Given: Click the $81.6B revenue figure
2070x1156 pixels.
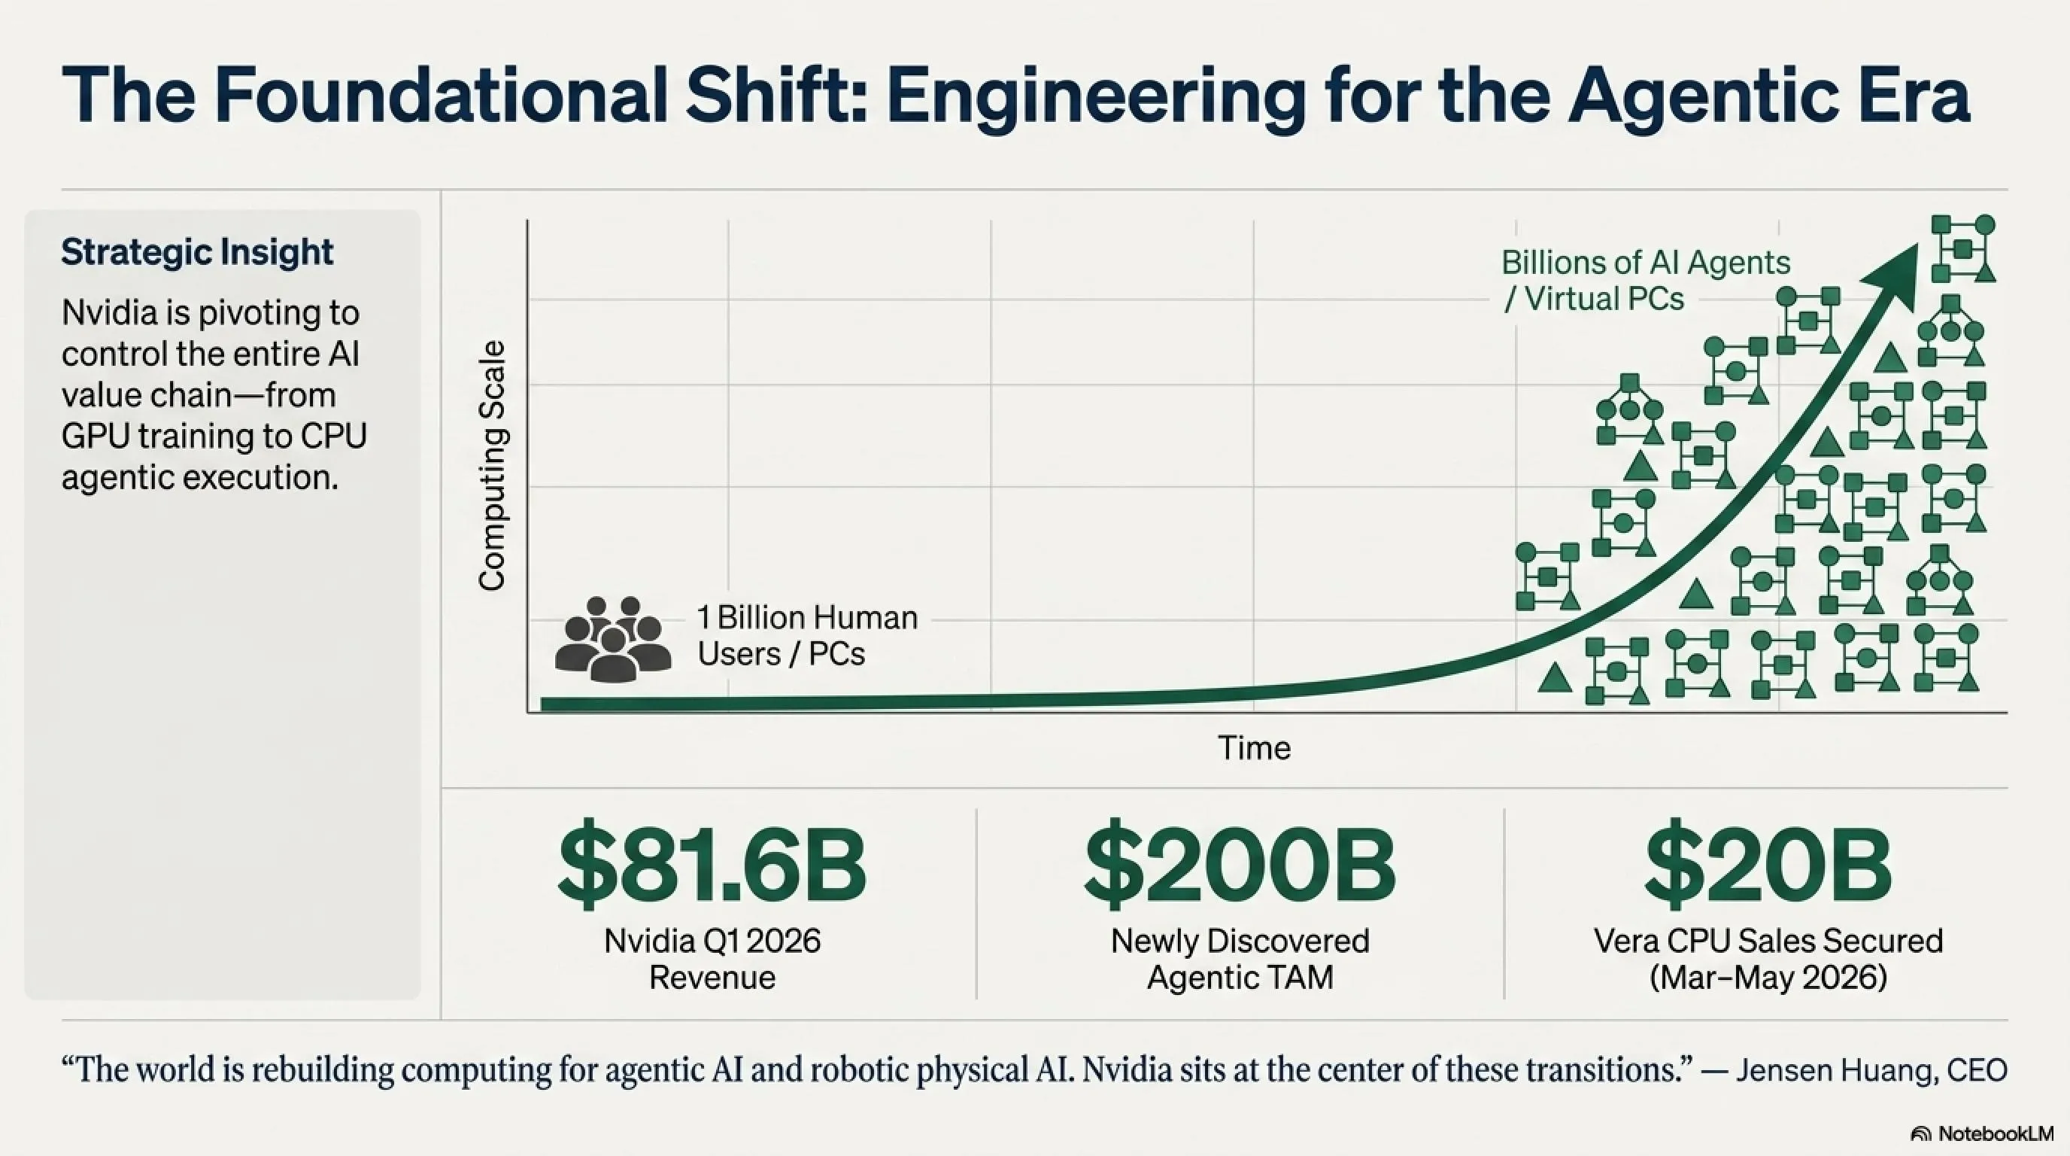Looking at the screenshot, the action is tap(712, 865).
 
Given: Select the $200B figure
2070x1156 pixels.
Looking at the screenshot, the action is tap(1240, 865).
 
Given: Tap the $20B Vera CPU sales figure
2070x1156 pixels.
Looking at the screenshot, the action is tap(1768, 865).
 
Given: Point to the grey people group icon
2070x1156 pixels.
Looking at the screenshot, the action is tap(612, 639).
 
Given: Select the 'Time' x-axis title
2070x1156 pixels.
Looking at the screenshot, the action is tap(1255, 747).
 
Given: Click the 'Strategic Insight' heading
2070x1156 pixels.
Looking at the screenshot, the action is tap(197, 252).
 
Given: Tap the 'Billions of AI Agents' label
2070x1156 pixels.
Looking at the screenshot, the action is tap(1646, 263).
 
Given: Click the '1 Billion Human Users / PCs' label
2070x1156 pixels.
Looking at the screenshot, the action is tap(807, 636).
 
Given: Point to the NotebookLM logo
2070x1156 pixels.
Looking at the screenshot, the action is tap(1980, 1133).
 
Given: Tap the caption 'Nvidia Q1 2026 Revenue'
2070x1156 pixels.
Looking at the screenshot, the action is tap(712, 959).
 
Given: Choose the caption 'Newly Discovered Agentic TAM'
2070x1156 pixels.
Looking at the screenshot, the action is tap(1240, 959).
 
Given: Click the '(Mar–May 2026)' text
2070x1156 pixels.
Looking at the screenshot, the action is tap(1768, 978).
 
